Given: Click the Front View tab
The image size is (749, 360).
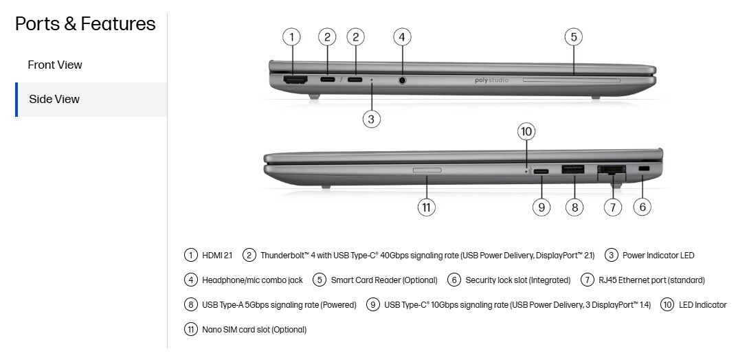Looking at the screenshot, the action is click(55, 65).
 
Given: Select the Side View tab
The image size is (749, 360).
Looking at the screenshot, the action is click(54, 100).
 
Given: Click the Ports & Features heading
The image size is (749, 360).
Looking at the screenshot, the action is click(85, 24).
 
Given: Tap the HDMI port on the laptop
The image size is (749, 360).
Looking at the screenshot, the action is click(295, 80).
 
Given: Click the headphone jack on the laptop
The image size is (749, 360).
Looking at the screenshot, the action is click(402, 80).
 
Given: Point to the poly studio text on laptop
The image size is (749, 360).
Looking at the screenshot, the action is click(491, 80).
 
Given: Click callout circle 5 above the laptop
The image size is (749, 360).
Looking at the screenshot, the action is click(574, 37).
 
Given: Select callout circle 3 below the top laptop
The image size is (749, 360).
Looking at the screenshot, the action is click(372, 118).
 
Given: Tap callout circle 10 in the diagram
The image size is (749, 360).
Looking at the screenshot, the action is click(526, 131).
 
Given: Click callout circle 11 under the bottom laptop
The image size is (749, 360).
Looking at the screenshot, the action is click(427, 207).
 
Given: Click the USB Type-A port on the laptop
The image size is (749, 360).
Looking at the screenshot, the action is click(573, 170).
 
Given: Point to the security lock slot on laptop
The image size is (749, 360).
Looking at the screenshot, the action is click(644, 169).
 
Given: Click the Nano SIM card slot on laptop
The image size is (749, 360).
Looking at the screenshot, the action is click(427, 170).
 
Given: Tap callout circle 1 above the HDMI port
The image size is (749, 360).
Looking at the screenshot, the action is click(291, 37).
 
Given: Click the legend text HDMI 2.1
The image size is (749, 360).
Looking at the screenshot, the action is click(217, 256).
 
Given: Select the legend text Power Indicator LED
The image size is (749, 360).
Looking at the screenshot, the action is click(658, 256).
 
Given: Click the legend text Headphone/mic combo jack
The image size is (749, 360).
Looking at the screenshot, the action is click(252, 280).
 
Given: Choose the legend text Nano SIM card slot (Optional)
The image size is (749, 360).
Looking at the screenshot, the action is click(254, 330).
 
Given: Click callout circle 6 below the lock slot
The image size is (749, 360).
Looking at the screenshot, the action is click(642, 207).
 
